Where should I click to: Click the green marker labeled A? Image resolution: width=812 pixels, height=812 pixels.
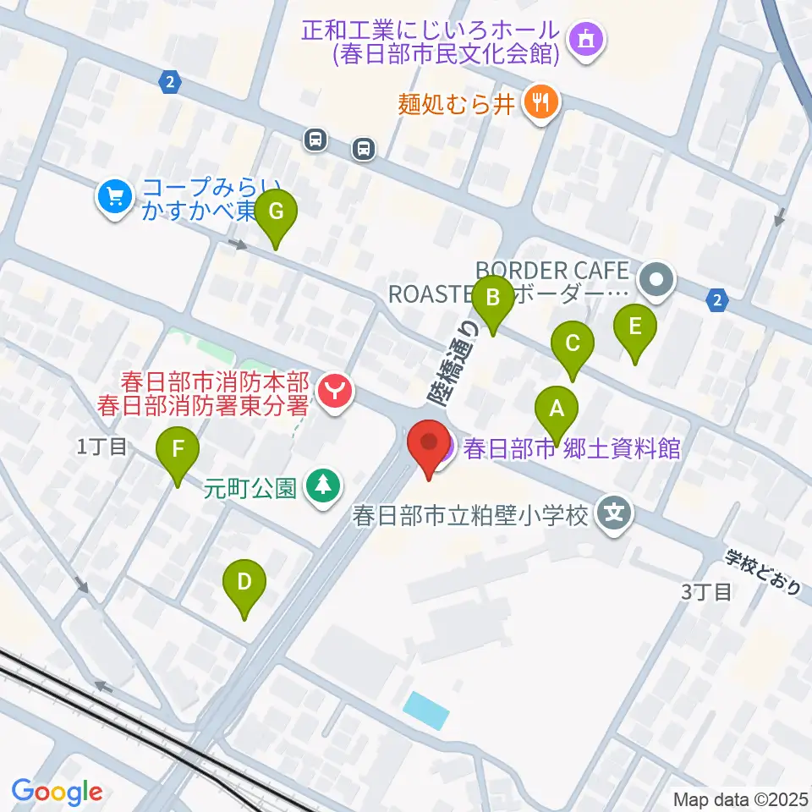556,409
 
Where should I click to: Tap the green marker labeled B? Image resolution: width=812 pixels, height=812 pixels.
492,298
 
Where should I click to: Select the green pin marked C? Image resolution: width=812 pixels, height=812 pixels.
572,344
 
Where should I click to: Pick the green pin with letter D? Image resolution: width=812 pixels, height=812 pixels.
244,583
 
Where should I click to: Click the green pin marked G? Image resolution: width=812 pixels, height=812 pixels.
276,212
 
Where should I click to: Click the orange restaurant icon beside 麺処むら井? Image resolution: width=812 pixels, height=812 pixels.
539,103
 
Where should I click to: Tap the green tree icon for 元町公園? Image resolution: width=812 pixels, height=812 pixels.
322,488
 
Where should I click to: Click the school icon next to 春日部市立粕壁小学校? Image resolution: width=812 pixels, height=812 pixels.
615,513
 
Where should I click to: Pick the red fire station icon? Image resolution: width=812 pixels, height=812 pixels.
336,392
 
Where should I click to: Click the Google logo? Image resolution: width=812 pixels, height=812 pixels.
57,792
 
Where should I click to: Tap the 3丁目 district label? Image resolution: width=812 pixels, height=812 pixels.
706,591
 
